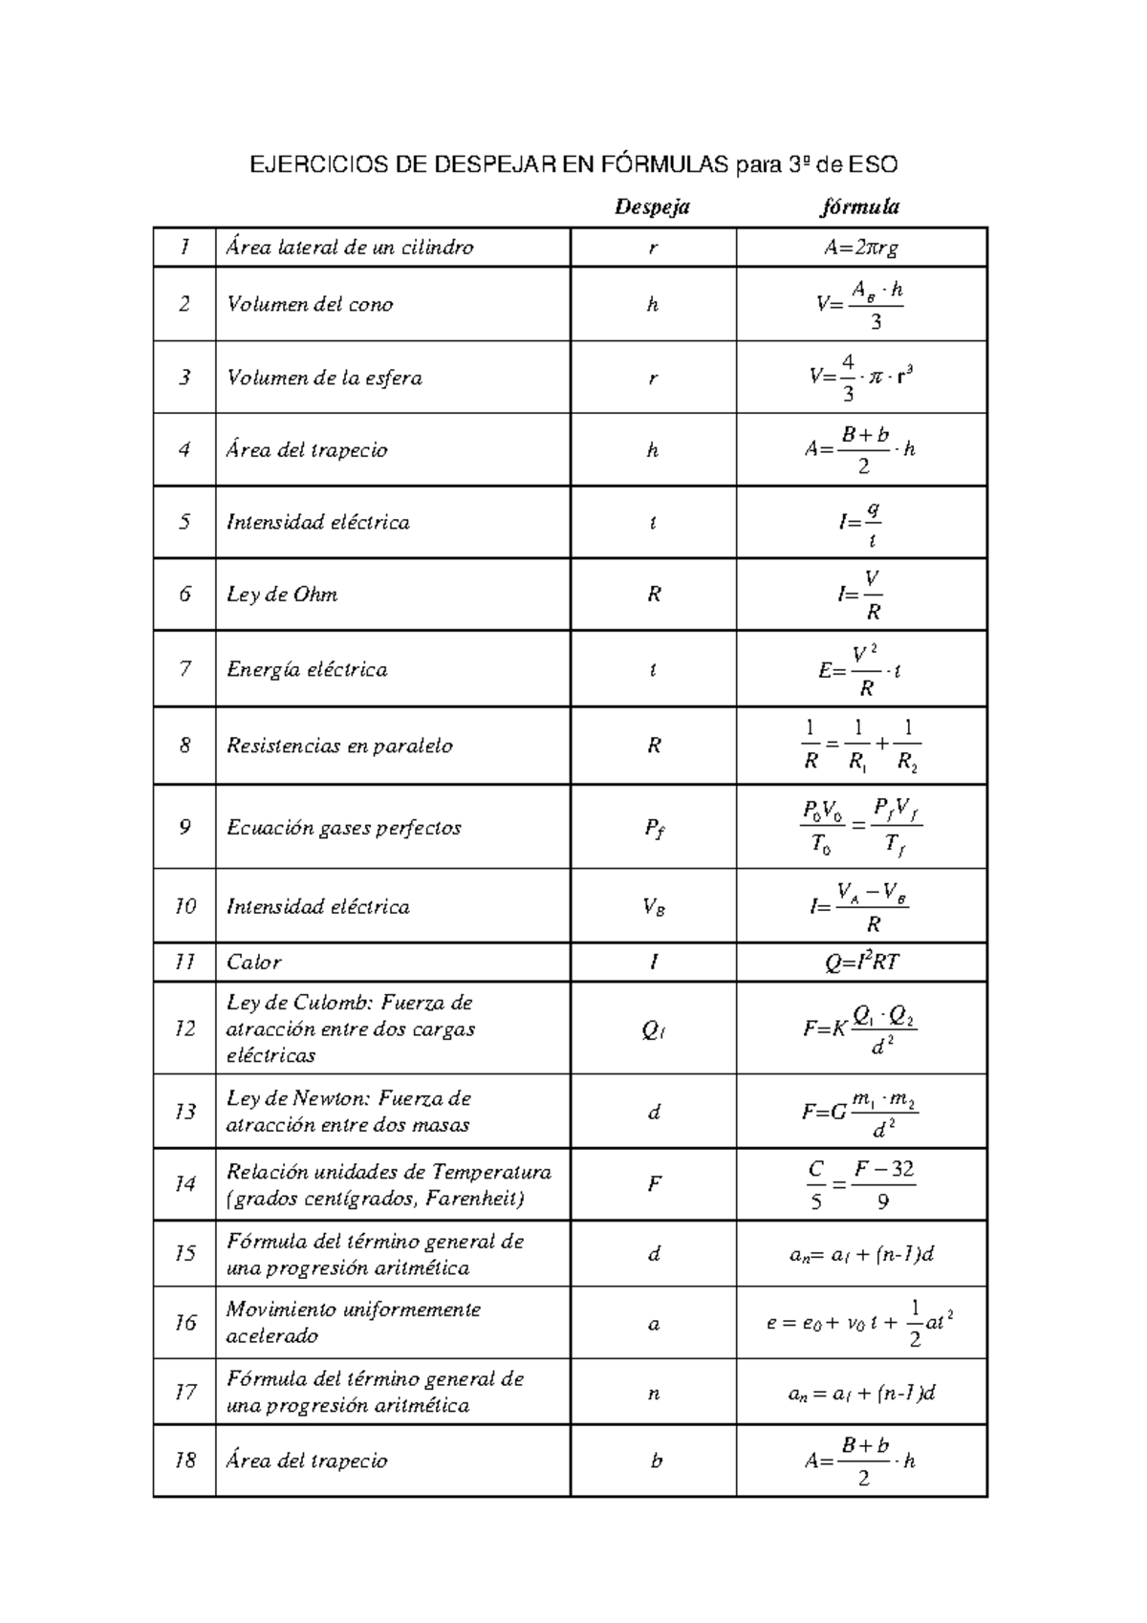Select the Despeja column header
652,206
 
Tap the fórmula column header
860,206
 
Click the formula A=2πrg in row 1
861,248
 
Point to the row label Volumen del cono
310,304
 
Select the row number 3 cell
184,377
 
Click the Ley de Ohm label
282,594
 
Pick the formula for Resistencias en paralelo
860,746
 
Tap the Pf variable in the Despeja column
654,828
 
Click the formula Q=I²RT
861,963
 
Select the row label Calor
254,963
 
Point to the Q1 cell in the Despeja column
653,1029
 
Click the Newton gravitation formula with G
860,1112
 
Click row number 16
184,1322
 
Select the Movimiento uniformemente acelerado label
353,1322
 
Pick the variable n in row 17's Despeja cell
654,1394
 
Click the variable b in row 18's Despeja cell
656,1461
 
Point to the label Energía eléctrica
307,669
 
